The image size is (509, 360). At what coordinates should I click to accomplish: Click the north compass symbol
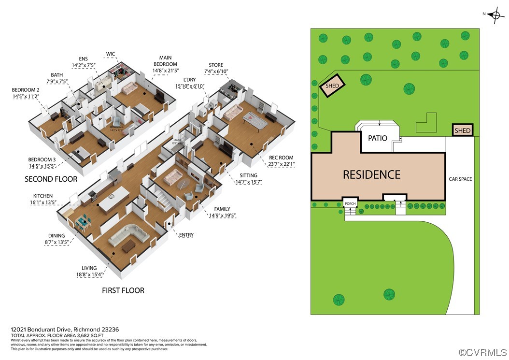tap(494, 15)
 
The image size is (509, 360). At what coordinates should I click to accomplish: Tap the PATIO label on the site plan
tap(377, 138)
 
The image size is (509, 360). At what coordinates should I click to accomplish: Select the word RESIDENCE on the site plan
tap(371, 174)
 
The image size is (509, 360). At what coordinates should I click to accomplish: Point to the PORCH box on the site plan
tap(350, 204)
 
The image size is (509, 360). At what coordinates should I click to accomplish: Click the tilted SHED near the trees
tap(332, 86)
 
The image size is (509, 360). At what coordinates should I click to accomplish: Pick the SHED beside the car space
tap(462, 130)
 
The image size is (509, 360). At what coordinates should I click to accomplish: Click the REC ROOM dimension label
tap(282, 161)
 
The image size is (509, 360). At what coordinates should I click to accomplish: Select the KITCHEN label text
tap(43, 200)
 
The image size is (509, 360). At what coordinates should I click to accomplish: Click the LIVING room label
tap(89, 271)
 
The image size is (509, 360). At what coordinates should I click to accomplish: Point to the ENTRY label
tap(186, 235)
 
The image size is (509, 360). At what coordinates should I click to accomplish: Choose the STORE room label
tap(215, 68)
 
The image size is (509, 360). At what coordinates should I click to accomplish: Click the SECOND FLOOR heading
tap(51, 179)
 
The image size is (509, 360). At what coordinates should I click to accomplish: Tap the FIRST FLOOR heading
tap(123, 290)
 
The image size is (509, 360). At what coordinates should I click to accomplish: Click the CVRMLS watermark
tap(482, 353)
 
